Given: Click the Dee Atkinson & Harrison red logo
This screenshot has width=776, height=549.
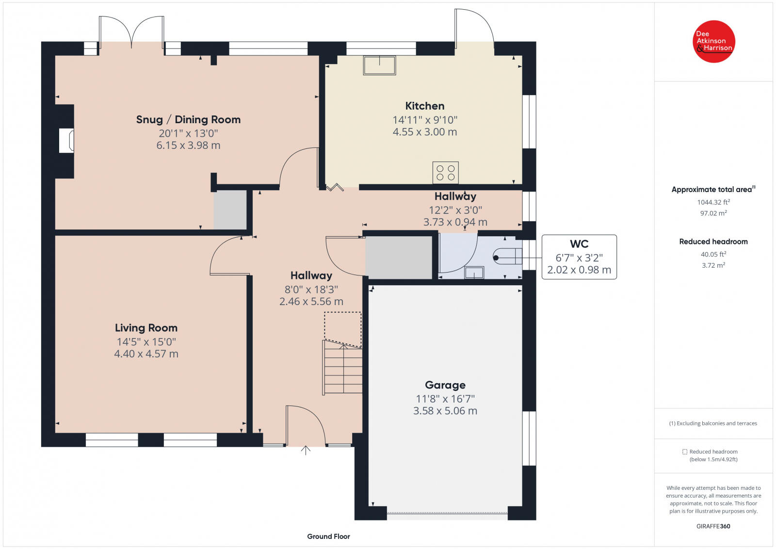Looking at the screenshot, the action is click(x=713, y=42).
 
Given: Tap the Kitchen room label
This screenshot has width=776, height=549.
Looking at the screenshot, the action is click(x=425, y=106).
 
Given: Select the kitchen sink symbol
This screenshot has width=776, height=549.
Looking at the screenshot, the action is click(x=379, y=65).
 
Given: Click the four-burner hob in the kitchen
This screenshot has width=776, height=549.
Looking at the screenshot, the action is click(x=446, y=173).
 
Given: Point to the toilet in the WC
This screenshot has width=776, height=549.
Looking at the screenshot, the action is click(x=507, y=257).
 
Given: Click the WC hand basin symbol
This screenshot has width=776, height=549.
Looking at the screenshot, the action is click(x=474, y=273).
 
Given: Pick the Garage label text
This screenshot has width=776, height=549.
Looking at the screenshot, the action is click(x=445, y=385).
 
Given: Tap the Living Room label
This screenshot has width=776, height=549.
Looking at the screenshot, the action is click(x=146, y=328).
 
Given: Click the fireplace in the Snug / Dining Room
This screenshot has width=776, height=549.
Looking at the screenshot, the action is click(x=66, y=141).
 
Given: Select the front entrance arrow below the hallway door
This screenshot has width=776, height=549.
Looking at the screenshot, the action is click(x=306, y=450).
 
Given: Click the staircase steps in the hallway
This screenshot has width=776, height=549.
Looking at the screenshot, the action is click(x=342, y=367).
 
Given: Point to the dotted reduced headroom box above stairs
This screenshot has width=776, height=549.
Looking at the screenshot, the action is click(x=343, y=329).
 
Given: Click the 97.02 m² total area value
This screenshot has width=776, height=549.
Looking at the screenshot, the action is click(x=713, y=213).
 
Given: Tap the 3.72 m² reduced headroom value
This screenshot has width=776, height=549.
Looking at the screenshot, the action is click(x=713, y=265).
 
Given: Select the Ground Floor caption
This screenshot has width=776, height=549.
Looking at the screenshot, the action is click(x=328, y=536).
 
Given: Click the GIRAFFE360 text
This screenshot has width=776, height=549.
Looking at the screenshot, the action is click(x=713, y=526).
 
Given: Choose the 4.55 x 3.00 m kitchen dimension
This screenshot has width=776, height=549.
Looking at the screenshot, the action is click(x=425, y=132).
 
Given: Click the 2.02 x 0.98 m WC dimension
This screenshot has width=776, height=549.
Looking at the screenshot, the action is click(x=579, y=270).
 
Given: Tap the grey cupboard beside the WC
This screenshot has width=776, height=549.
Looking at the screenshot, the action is click(x=399, y=258).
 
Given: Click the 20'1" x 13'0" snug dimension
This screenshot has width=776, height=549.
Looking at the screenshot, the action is click(x=189, y=133).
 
